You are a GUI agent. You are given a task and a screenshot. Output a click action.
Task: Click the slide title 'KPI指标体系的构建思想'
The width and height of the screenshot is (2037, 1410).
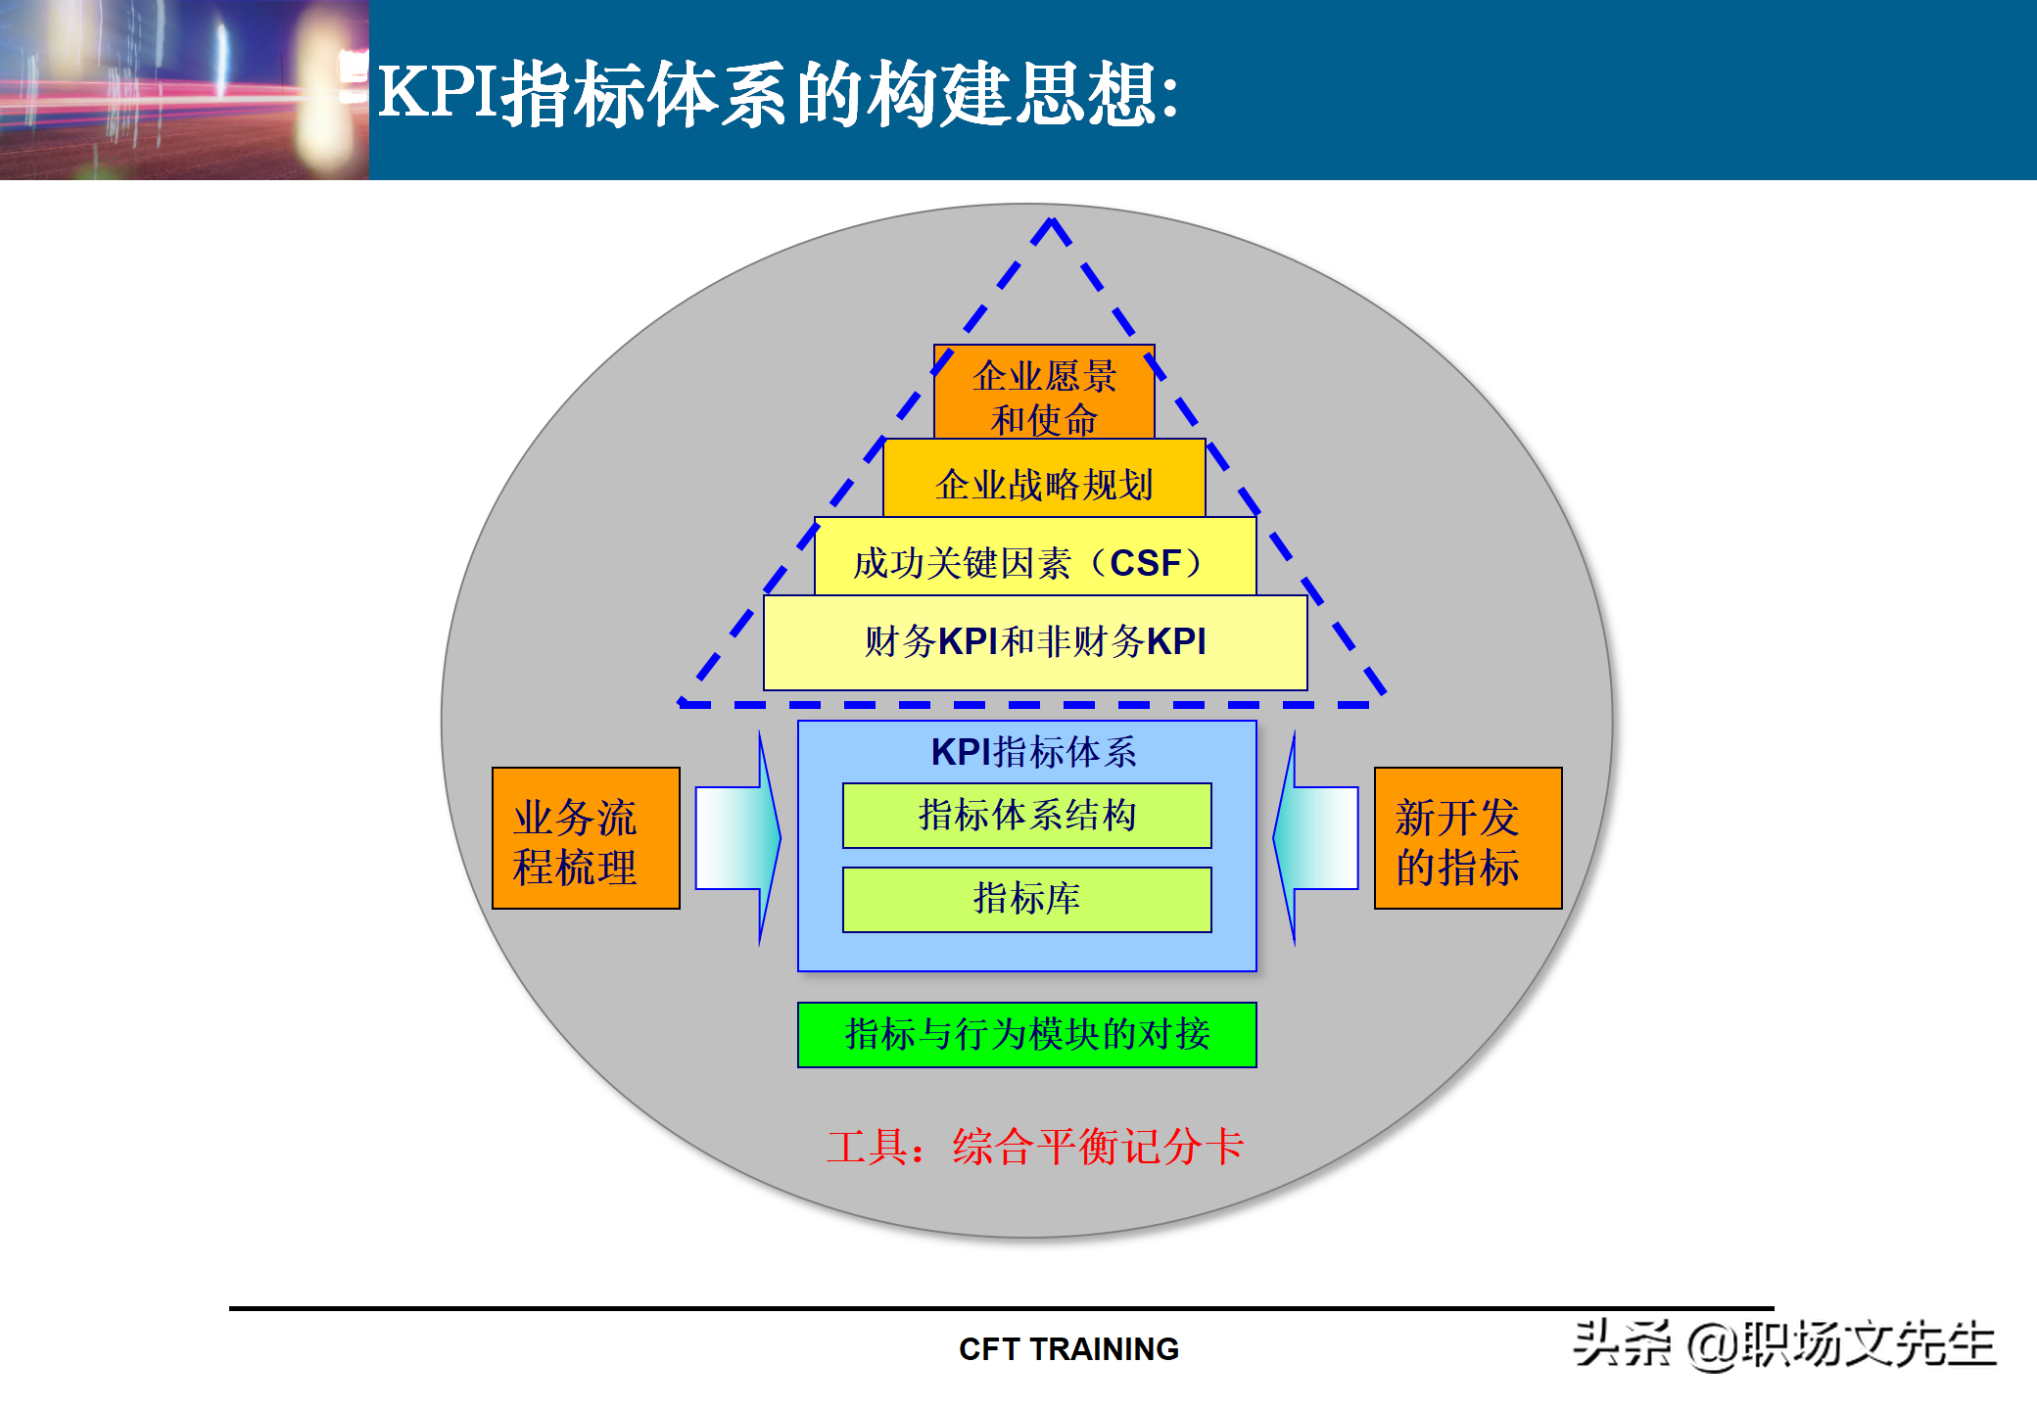(779, 93)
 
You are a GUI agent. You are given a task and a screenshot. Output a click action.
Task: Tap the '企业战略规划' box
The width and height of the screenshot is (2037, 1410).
(1044, 483)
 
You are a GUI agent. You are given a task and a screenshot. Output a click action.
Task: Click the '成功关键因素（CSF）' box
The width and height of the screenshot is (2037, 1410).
(1034, 561)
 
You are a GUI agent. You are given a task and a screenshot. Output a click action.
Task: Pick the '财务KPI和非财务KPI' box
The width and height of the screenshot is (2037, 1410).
(1035, 642)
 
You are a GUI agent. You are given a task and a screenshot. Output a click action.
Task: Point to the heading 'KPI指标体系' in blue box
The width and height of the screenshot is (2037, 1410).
(1033, 752)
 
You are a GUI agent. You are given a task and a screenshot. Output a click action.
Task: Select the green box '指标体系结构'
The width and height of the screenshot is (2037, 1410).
(1026, 816)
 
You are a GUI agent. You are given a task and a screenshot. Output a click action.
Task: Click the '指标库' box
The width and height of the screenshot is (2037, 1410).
(1026, 899)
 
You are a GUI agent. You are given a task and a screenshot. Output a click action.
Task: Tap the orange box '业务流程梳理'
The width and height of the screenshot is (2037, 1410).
(586, 839)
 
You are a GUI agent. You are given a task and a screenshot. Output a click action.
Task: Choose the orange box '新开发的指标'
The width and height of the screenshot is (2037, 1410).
(1467, 839)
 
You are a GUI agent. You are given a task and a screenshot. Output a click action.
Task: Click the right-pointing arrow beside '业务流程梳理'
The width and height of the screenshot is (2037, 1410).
(737, 838)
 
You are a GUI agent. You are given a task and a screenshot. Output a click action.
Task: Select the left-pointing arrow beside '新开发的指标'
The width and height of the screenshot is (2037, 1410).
(1316, 838)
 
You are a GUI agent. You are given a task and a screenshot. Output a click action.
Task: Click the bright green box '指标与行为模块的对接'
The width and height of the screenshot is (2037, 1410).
(1026, 1034)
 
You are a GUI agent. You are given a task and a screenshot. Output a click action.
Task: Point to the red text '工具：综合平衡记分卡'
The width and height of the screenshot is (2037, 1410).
(1034, 1147)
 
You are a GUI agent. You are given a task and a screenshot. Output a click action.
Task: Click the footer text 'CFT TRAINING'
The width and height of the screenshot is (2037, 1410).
(1068, 1349)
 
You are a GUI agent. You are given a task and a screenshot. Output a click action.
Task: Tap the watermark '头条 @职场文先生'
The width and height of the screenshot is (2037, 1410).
(1784, 1343)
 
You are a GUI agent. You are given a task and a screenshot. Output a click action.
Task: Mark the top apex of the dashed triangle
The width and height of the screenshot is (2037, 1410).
(1052, 221)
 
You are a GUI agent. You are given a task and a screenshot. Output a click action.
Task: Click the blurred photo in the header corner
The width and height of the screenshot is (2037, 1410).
(184, 90)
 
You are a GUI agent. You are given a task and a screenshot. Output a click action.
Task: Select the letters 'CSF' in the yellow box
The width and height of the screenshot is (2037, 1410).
(1145, 563)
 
